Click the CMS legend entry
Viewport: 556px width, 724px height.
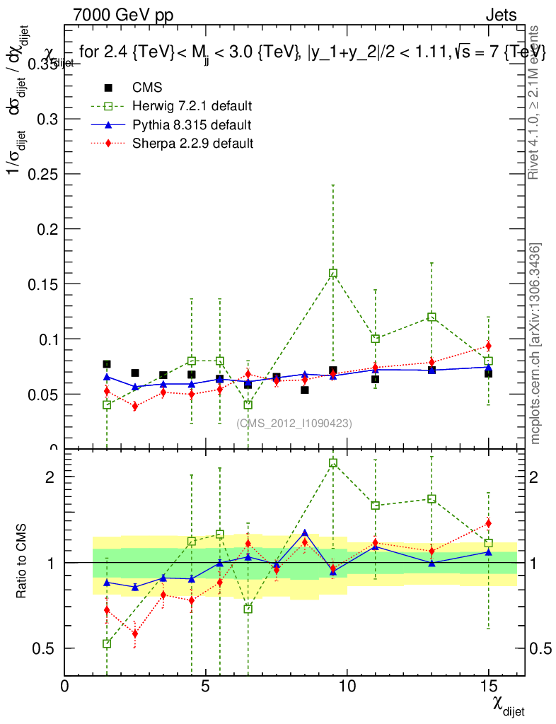[147, 88]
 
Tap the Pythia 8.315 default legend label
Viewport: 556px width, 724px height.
[192, 125]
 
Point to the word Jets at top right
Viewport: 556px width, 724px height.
[501, 15]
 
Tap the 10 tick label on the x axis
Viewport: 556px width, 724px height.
[347, 687]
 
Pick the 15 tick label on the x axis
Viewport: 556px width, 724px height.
[488, 687]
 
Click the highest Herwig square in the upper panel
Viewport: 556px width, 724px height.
[333, 273]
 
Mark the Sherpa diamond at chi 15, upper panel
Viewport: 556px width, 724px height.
[488, 346]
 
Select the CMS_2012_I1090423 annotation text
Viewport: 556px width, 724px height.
[294, 423]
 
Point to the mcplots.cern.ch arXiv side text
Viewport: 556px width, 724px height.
[535, 344]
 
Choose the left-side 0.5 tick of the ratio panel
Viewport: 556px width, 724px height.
[46, 648]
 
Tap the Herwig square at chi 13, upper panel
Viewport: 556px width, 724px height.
[432, 317]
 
